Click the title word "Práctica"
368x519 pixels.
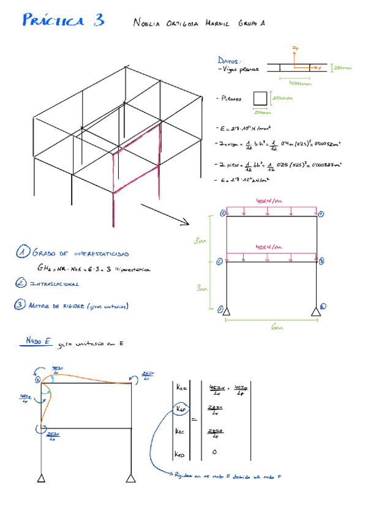(53, 21)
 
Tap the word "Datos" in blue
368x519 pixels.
(229, 61)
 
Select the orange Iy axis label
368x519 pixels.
(295, 48)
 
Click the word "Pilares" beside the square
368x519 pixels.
(233, 99)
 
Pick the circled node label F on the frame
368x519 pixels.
(320, 214)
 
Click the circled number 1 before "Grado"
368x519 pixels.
(23, 252)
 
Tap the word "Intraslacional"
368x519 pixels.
(55, 283)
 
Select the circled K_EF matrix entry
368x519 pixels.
(181, 408)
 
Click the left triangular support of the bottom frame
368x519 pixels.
(41, 477)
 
